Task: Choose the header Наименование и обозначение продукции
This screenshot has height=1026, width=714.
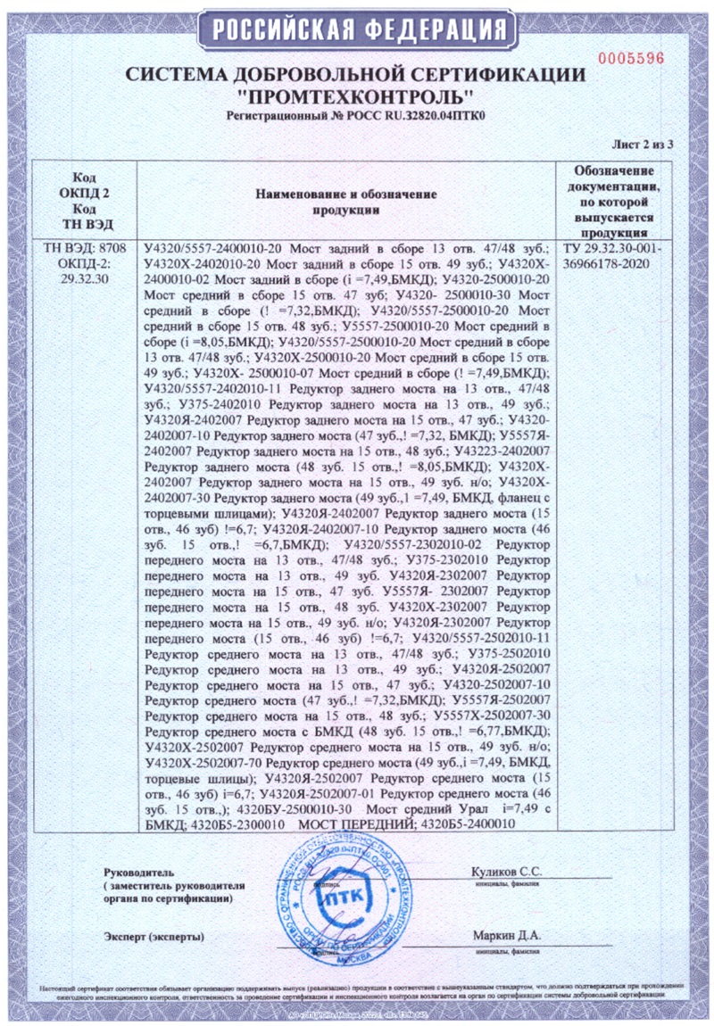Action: point(345,202)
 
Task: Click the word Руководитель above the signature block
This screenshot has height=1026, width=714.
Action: point(134,871)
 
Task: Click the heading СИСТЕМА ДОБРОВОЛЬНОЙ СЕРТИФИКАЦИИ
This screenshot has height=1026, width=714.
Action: point(354,75)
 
